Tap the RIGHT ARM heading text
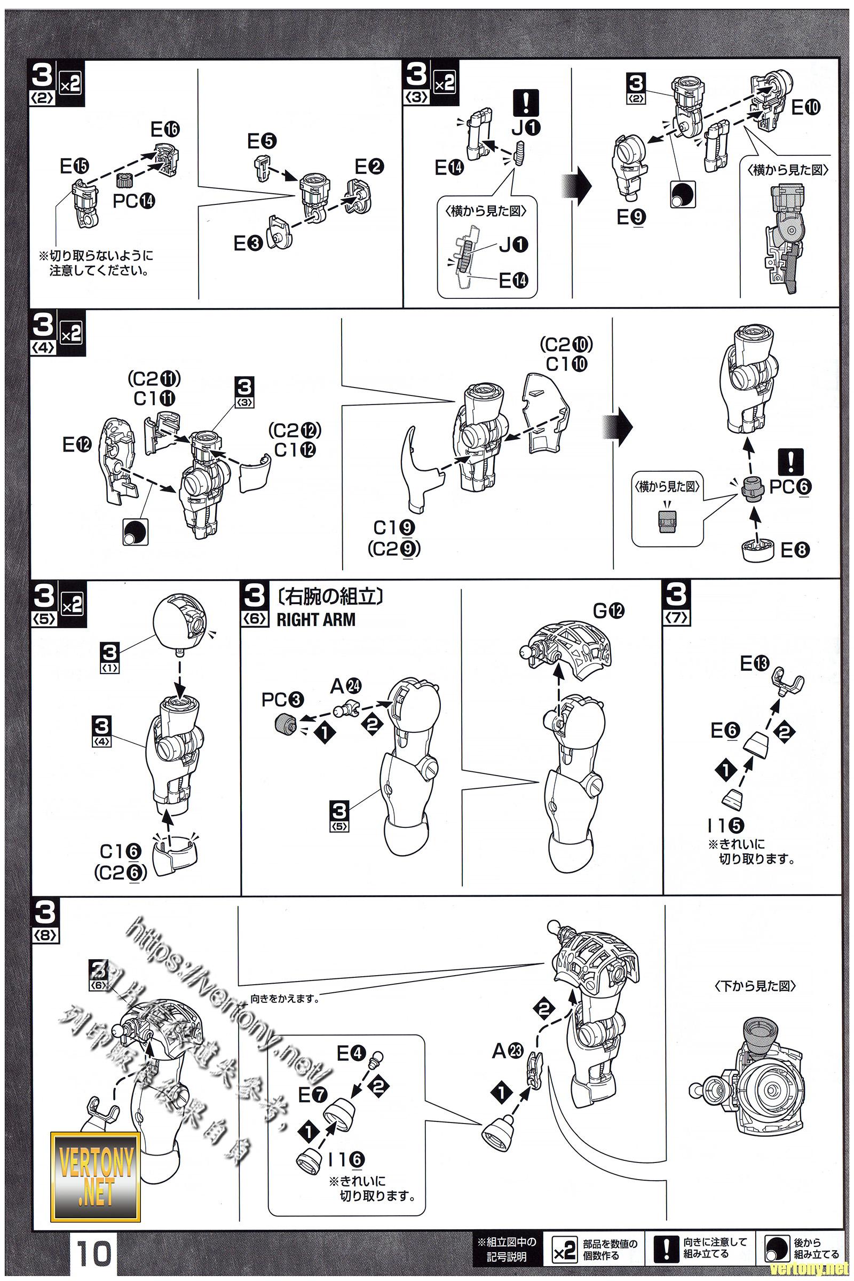[x=316, y=620]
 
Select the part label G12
[x=609, y=611]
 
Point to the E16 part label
[x=165, y=130]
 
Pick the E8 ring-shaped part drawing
[x=757, y=550]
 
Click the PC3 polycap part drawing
[x=284, y=724]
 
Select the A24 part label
[x=346, y=686]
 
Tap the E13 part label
[x=754, y=663]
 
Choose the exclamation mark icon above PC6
[x=791, y=462]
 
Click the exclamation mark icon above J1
[x=526, y=102]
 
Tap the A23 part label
[x=508, y=1050]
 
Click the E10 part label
[x=805, y=108]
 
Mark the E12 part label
[x=77, y=445]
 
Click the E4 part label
[x=351, y=1053]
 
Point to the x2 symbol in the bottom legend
[x=564, y=1251]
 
